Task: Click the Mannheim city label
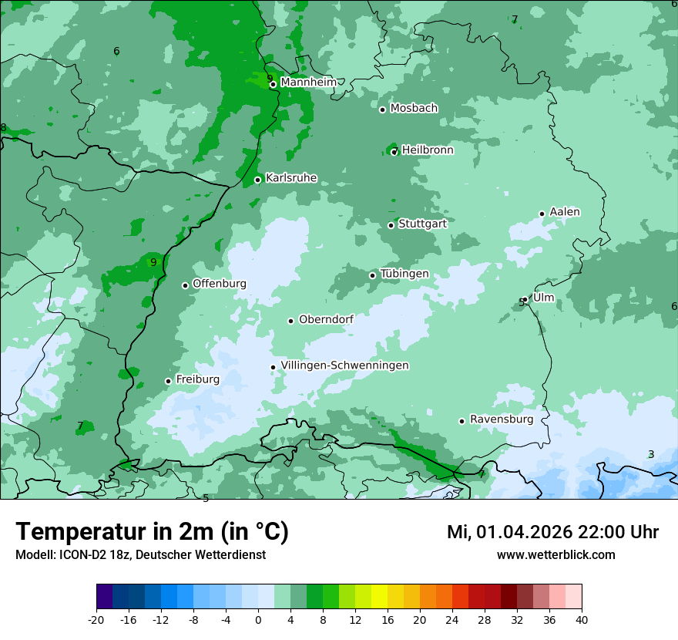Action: click(x=308, y=83)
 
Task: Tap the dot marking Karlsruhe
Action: click(x=258, y=180)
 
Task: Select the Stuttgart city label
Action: click(x=422, y=224)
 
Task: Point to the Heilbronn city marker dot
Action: click(x=394, y=152)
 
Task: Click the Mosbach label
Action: click(x=414, y=109)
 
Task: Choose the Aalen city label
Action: click(x=565, y=212)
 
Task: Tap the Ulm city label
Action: click(x=543, y=298)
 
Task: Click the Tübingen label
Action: click(x=404, y=274)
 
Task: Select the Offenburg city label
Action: click(x=220, y=284)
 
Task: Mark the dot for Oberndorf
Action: click(x=291, y=321)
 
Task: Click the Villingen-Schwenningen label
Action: click(x=344, y=365)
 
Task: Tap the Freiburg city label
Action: click(x=197, y=379)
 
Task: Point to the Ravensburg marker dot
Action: click(x=462, y=421)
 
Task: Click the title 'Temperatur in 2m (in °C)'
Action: click(x=152, y=532)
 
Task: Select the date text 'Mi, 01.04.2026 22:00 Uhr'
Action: click(x=552, y=532)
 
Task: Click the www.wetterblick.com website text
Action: click(x=555, y=555)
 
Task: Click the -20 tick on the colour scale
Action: click(x=96, y=619)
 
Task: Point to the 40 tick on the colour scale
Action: click(x=582, y=619)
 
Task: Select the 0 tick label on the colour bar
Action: click(x=258, y=619)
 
